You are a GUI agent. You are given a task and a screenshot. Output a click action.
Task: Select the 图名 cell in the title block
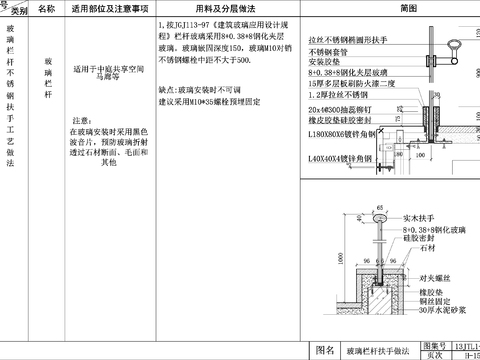coord(324,350)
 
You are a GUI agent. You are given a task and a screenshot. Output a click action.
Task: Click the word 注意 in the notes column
coord(84,118)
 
